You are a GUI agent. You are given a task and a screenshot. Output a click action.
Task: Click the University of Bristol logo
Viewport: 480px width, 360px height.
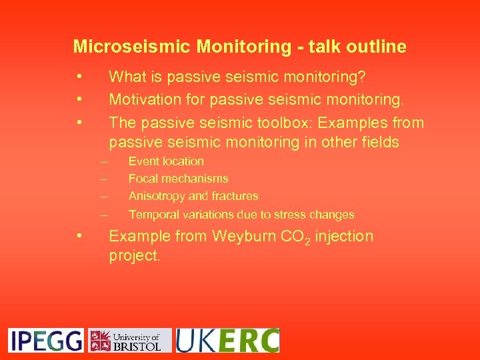130,340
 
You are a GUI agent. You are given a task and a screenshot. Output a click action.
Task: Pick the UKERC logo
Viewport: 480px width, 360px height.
227,340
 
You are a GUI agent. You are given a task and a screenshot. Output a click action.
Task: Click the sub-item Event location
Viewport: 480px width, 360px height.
166,161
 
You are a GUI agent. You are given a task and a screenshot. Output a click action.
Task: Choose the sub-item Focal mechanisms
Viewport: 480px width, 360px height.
178,179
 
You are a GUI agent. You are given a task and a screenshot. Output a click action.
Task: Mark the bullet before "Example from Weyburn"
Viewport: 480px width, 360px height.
79,235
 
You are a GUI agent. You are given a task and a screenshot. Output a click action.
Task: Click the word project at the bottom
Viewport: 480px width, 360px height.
135,256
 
